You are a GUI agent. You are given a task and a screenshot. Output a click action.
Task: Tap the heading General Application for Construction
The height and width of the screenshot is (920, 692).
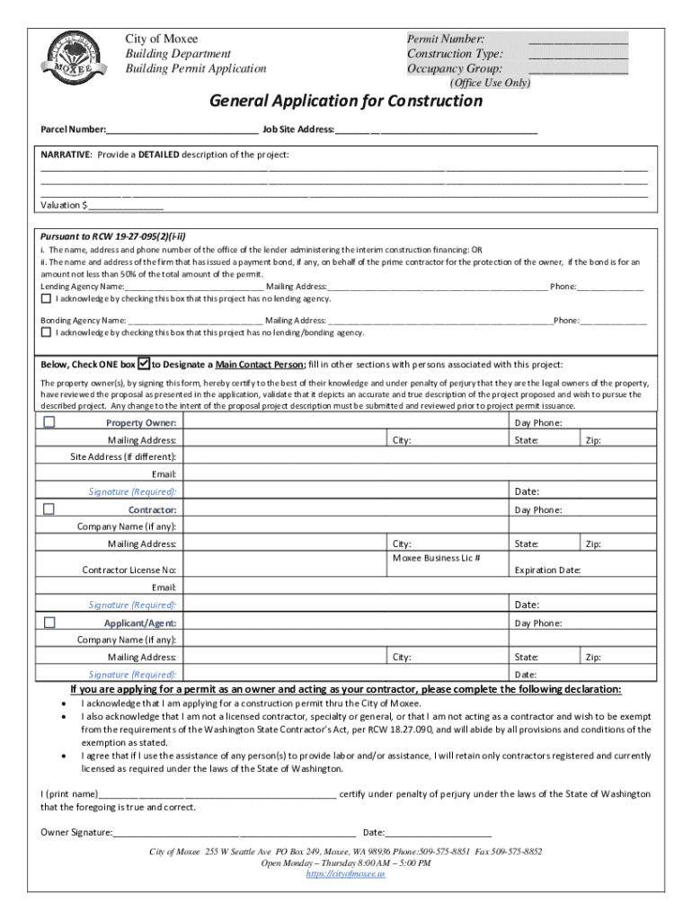346,101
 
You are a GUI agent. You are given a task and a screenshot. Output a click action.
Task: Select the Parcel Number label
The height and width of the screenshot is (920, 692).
73,129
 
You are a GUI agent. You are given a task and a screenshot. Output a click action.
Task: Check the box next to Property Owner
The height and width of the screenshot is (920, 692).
49,421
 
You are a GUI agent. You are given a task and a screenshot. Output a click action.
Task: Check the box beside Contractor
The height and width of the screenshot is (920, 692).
49,509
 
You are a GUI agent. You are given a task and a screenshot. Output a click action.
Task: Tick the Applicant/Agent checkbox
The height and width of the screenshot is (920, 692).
49,622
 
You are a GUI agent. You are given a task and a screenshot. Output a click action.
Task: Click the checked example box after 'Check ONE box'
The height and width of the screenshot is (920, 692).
144,365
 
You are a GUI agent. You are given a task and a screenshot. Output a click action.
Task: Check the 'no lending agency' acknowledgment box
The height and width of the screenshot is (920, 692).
46,298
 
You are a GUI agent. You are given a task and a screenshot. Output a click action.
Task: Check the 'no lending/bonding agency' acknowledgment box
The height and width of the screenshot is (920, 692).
46,332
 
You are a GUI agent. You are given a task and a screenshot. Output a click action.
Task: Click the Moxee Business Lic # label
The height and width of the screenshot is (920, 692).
436,558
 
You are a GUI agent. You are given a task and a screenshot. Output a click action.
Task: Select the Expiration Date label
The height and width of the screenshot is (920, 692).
547,570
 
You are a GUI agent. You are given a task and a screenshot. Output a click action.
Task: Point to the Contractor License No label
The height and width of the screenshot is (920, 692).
129,570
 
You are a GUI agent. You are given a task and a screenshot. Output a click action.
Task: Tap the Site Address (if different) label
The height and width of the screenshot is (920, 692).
124,456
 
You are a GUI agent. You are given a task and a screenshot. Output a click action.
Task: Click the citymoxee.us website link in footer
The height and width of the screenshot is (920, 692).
345,873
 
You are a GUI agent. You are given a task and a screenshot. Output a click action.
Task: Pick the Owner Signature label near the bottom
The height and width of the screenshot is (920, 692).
76,832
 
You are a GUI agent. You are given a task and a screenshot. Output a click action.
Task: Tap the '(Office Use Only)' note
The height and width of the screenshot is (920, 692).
490,83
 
